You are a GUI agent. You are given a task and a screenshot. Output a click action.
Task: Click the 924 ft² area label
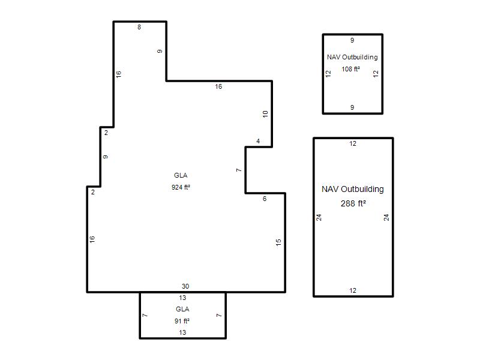point(181,187)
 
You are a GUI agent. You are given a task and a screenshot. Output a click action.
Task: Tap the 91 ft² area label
point(182,321)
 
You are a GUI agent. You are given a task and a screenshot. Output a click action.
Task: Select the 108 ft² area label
point(351,69)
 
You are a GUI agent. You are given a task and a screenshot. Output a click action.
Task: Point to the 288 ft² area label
point(353,203)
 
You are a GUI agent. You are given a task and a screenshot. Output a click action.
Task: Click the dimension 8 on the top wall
point(139,27)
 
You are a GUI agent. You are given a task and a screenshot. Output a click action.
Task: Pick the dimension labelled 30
point(185,286)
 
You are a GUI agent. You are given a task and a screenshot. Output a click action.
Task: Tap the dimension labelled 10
point(265,114)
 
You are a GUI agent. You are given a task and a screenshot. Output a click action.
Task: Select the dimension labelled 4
point(258,141)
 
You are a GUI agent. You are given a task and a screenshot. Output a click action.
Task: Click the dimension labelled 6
point(265,199)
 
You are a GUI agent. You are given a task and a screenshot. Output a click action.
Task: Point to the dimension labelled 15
point(278,242)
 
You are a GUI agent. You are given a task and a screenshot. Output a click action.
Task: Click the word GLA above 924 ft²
point(181,175)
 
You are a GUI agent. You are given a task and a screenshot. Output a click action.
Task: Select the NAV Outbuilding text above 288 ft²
point(353,189)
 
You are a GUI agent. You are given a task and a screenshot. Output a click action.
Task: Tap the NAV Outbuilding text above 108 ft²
point(352,57)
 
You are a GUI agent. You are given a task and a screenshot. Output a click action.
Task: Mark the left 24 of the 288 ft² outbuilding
point(319,217)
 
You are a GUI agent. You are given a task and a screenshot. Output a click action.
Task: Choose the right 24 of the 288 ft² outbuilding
point(386,217)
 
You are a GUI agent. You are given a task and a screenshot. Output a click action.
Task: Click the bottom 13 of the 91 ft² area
point(182,332)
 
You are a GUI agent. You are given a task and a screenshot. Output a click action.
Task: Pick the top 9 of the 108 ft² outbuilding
point(352,40)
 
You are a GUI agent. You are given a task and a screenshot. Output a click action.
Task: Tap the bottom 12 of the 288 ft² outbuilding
point(353,290)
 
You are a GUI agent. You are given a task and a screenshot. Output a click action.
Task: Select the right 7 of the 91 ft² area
point(219,316)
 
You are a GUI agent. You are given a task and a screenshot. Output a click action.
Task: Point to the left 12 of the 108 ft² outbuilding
point(328,74)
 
